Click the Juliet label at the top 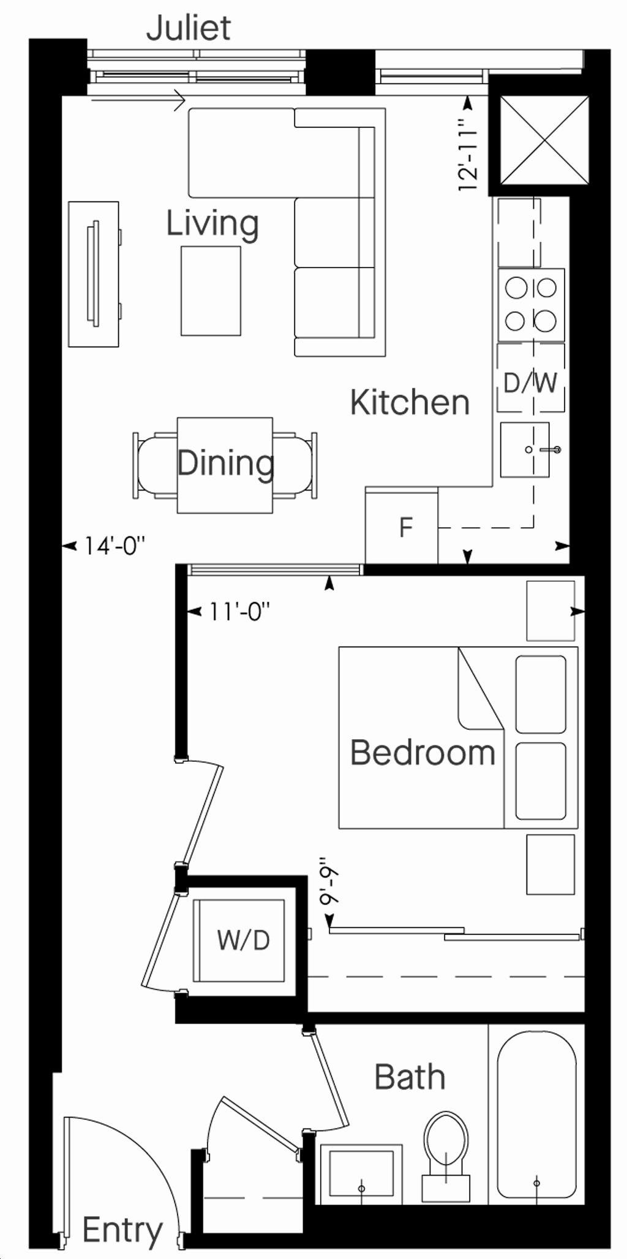pyautogui.click(x=189, y=28)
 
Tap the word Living pyautogui.click(x=212, y=225)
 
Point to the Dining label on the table pyautogui.click(x=225, y=464)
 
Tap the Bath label pyautogui.click(x=410, y=1094)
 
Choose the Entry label pyautogui.click(x=122, y=1231)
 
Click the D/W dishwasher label pyautogui.click(x=530, y=383)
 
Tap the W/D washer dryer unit pyautogui.click(x=239, y=941)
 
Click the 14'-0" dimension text pyautogui.click(x=115, y=546)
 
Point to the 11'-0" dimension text pyautogui.click(x=239, y=611)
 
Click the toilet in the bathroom pyautogui.click(x=445, y=1148)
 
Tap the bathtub pyautogui.click(x=537, y=1115)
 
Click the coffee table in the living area pyautogui.click(x=211, y=291)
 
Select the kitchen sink pyautogui.click(x=525, y=450)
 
